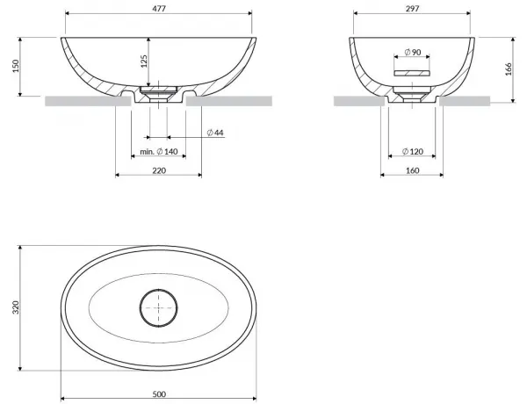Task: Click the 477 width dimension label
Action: [x=159, y=9]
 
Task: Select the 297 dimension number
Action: [x=412, y=9]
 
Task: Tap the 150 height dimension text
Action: [x=16, y=66]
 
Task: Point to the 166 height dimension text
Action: [x=509, y=69]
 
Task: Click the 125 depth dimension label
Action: [x=144, y=61]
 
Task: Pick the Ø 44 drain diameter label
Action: [x=215, y=133]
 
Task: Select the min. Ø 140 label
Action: [x=159, y=152]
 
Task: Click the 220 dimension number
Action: [x=159, y=170]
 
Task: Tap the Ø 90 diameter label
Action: [x=413, y=53]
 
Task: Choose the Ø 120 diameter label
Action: [x=413, y=152]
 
